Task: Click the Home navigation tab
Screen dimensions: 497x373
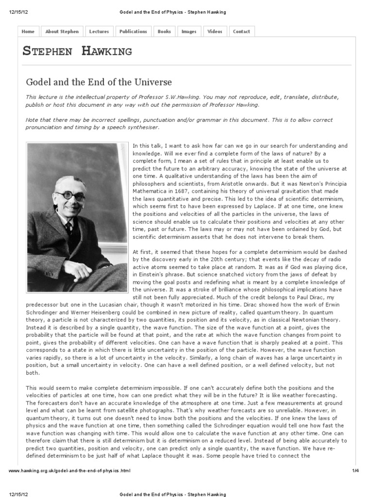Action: (x=28, y=32)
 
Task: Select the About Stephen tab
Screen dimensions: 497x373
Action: (x=62, y=32)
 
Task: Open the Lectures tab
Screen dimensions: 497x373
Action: (x=99, y=32)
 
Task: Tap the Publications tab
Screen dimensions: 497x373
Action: (x=133, y=32)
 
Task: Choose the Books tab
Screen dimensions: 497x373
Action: (x=164, y=32)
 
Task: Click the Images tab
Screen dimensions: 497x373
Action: (x=189, y=32)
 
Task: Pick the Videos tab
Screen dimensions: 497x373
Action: (x=215, y=32)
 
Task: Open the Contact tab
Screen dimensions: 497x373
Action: (x=241, y=32)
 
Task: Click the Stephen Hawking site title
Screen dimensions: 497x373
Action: (x=77, y=51)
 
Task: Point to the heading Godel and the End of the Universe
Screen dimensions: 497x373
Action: (x=99, y=82)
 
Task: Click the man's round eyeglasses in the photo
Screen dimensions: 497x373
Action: (x=71, y=196)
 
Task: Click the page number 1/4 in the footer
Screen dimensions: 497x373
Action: (x=355, y=471)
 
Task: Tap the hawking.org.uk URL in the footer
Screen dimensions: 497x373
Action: (x=69, y=471)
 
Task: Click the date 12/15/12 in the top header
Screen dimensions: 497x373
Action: (x=17, y=12)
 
